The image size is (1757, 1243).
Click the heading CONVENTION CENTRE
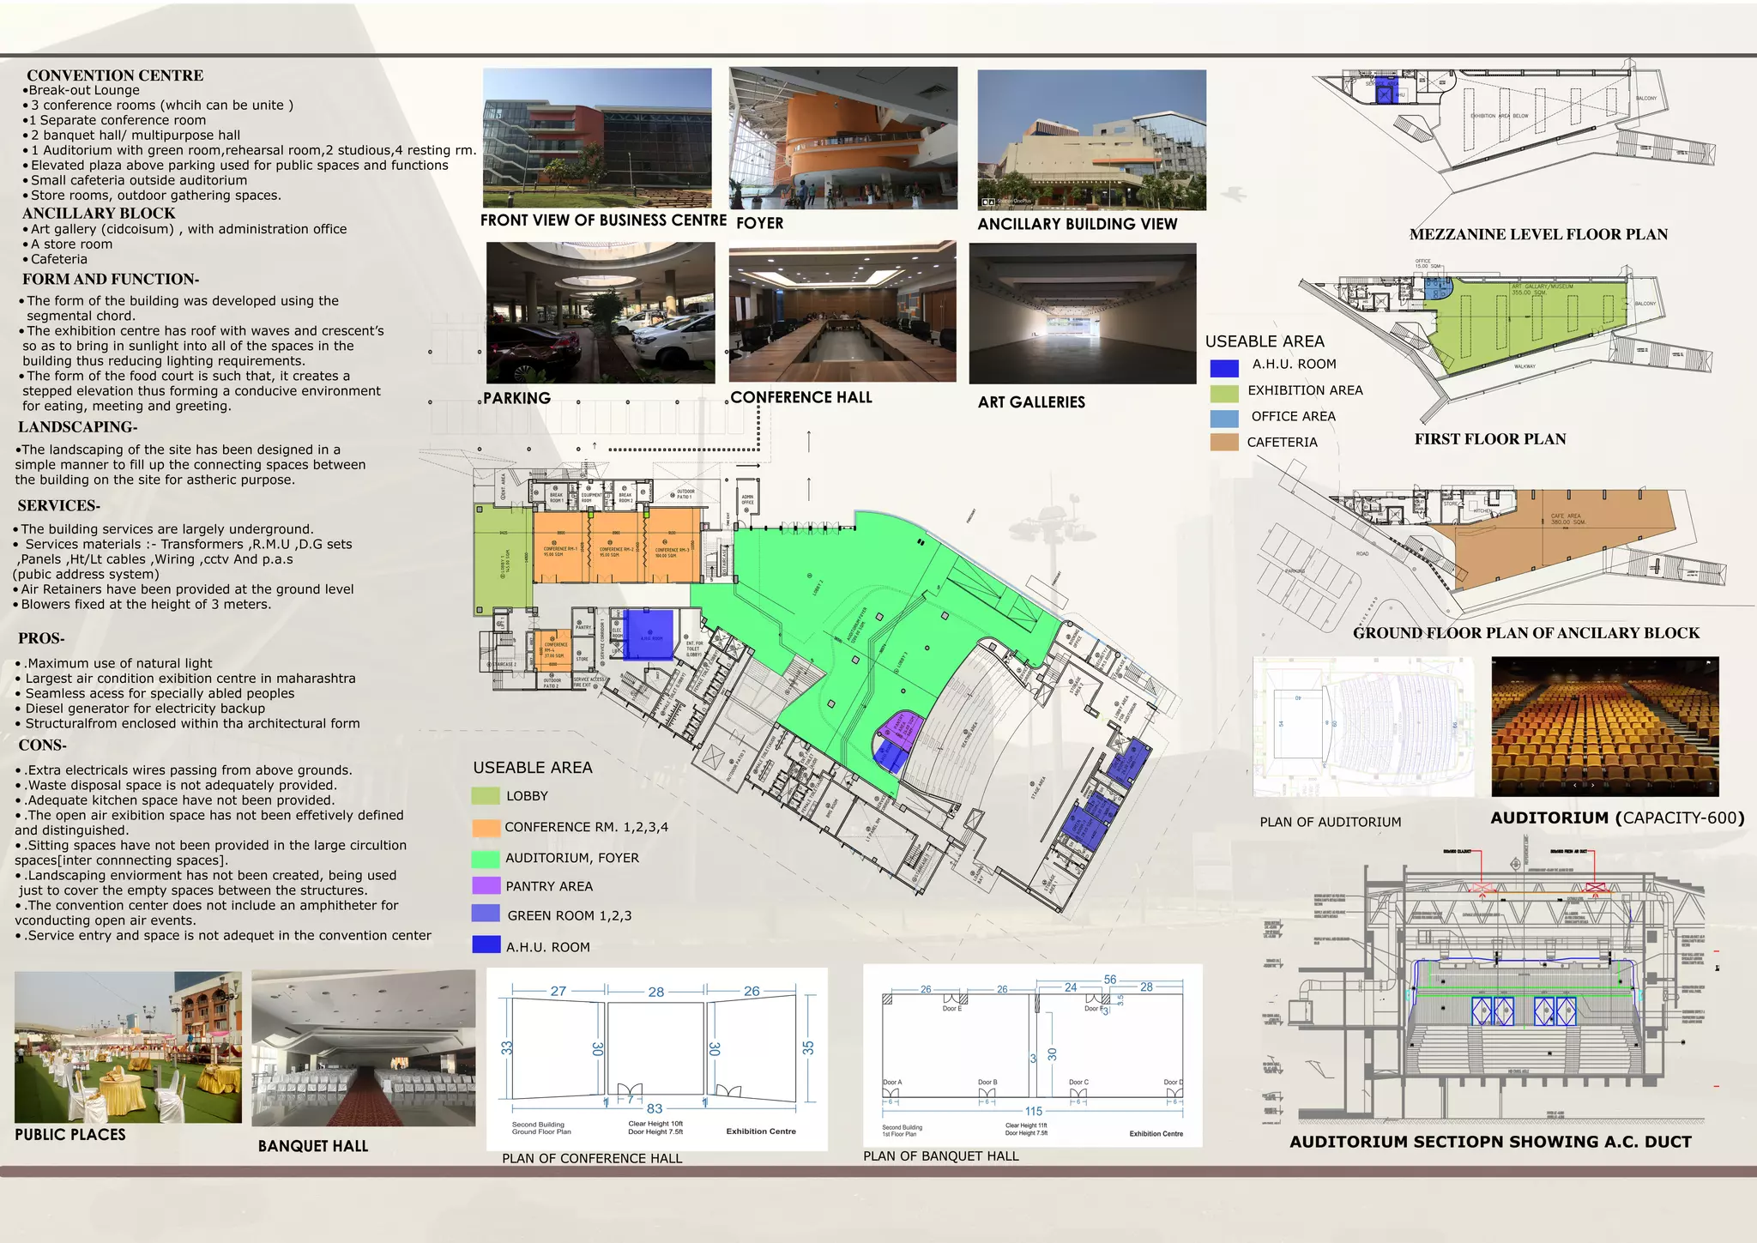(115, 75)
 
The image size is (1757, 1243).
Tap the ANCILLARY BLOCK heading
(99, 214)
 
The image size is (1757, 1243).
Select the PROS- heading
(41, 638)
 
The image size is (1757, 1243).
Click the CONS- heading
(42, 745)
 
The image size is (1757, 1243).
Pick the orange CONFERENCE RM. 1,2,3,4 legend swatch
(486, 828)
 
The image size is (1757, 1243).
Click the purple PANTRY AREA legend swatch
(486, 885)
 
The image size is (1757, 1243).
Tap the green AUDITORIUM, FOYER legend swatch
(486, 858)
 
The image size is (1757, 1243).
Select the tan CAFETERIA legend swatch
(1224, 442)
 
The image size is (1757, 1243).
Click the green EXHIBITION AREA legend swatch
(1224, 392)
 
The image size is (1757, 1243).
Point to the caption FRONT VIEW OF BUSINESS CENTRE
(603, 220)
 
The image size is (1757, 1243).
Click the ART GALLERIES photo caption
(1031, 402)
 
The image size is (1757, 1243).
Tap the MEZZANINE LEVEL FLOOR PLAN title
(1538, 234)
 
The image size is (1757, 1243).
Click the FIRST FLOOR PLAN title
(1490, 439)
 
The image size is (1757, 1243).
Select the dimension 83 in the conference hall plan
(655, 1108)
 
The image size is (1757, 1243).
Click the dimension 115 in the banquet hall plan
(1034, 1111)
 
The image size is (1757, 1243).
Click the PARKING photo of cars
(601, 313)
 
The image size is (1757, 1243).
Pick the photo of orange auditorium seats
(1605, 727)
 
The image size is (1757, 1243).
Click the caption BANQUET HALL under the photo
(313, 1146)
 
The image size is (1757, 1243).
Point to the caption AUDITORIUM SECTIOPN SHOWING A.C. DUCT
(1491, 1142)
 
